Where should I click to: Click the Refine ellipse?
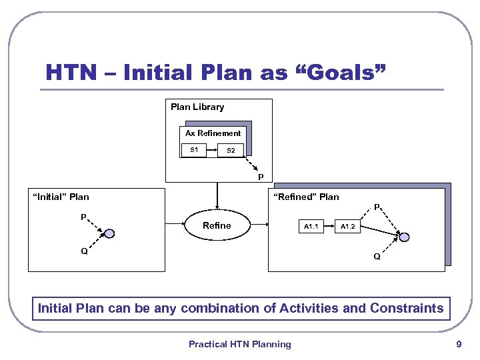pos(216,226)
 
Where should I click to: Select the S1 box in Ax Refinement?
pos(193,150)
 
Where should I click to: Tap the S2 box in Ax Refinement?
pos(231,150)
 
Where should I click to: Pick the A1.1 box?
pos(311,227)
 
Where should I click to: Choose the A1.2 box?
pos(348,227)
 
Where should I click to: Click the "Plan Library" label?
pos(197,107)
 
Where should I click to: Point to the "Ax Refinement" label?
pos(213,133)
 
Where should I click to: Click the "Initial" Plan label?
pos(61,197)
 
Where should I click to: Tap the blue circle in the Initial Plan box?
pos(109,234)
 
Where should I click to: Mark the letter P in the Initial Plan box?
pos(83,217)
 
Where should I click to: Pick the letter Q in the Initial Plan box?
pos(84,251)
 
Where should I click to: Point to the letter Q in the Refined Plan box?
pos(377,257)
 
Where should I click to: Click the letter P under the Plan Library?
pos(260,177)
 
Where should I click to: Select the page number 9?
pos(458,344)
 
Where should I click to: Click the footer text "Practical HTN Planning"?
pos(239,344)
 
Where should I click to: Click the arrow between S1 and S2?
pos(212,150)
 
